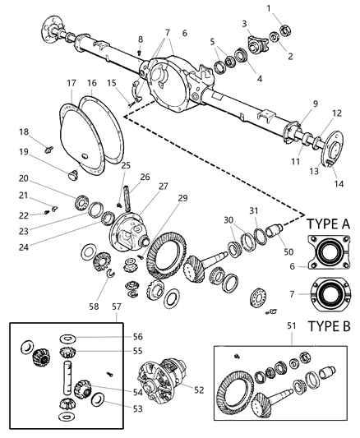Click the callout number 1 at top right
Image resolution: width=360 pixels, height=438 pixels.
[x=269, y=8]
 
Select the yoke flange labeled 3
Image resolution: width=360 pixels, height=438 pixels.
[x=257, y=44]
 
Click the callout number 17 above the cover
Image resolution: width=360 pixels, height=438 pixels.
[x=72, y=83]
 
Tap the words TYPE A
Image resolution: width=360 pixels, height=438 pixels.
[x=328, y=224]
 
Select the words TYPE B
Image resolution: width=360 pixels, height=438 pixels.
[x=329, y=326]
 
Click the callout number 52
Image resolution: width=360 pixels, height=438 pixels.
[x=199, y=390]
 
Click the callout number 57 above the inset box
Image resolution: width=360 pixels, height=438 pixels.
[x=117, y=307]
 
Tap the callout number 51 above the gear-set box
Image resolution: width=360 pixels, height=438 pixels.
[x=292, y=325]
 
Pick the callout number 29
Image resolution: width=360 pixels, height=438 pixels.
[x=182, y=198]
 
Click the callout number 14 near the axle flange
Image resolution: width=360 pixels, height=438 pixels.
[x=339, y=184]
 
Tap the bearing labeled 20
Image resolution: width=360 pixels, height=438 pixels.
[x=82, y=201]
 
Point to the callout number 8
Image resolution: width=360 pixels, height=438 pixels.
[x=141, y=39]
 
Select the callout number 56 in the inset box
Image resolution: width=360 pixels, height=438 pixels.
[x=138, y=337]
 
